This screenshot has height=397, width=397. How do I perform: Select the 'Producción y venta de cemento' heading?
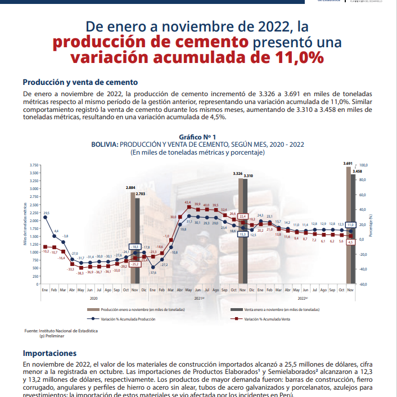[x=80, y=82]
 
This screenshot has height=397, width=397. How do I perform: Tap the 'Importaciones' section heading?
[x=49, y=353]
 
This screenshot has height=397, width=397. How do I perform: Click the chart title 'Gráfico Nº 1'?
[x=197, y=137]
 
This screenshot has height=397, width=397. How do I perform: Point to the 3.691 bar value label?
[x=348, y=163]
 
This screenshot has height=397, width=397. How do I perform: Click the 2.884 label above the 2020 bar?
[x=130, y=187]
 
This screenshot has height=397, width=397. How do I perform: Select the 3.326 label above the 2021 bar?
[x=238, y=174]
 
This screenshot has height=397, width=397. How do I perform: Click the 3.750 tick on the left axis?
[x=34, y=165]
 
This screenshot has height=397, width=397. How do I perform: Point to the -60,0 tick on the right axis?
[x=363, y=285]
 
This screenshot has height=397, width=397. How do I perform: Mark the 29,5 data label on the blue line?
[x=46, y=213]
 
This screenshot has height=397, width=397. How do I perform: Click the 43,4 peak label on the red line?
[x=188, y=201]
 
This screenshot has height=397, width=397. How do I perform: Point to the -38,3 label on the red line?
[x=80, y=273]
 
